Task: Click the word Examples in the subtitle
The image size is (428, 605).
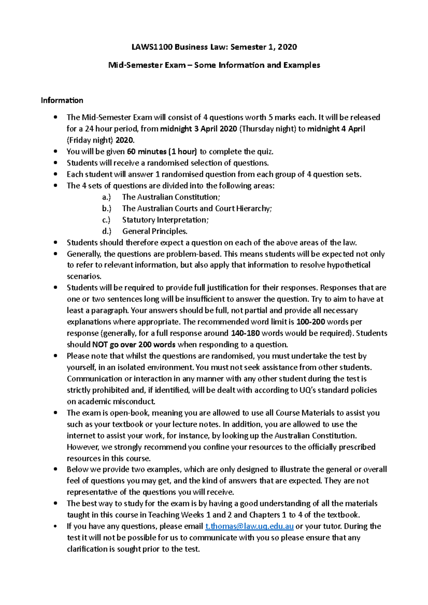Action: (302, 65)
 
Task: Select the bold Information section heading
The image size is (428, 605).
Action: (62, 100)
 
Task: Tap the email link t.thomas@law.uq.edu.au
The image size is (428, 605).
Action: (250, 526)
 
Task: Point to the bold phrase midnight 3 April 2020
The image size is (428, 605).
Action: (199, 129)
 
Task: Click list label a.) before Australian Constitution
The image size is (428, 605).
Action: (106, 197)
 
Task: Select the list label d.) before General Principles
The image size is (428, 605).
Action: (107, 231)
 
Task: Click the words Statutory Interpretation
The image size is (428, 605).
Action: (164, 220)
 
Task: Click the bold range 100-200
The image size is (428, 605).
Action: (311, 322)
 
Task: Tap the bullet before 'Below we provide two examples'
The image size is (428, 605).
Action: (55, 470)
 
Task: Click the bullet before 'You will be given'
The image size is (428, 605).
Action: (55, 152)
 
